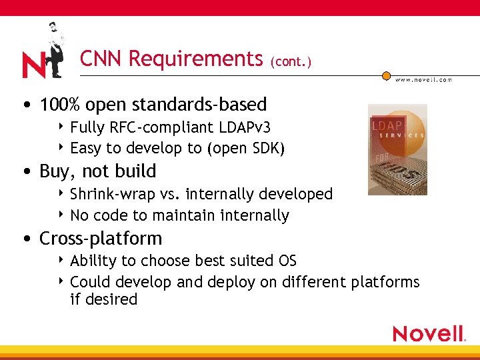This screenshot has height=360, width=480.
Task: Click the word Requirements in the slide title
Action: click(x=195, y=59)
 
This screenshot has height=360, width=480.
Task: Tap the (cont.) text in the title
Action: click(x=291, y=62)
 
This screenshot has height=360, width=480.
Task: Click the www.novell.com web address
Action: click(x=423, y=79)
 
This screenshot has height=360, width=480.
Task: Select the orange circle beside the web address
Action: click(x=386, y=76)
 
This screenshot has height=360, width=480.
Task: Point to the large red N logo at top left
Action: click(x=33, y=65)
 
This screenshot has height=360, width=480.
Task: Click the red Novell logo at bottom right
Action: click(x=429, y=333)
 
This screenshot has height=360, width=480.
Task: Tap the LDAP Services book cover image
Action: click(x=397, y=149)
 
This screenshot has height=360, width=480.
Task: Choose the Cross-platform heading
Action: click(x=101, y=238)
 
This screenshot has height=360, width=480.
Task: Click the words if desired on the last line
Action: click(x=103, y=299)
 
